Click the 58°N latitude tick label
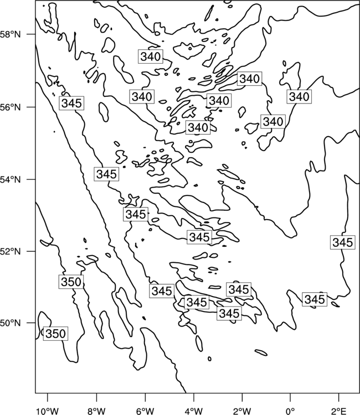(x=11, y=34)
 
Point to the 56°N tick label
(x=11, y=107)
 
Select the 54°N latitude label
(x=11, y=180)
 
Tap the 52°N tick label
(x=11, y=251)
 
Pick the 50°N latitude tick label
(x=11, y=323)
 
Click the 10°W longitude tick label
(x=48, y=411)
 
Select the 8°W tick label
(x=96, y=411)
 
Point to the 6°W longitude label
(x=145, y=411)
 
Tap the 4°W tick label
(x=194, y=411)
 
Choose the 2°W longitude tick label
(x=242, y=411)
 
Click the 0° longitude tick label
(x=290, y=411)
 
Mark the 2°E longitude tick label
(x=339, y=411)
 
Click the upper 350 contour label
(x=71, y=282)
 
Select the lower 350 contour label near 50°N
(x=55, y=334)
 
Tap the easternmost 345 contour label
(x=342, y=242)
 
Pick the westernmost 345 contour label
(x=71, y=103)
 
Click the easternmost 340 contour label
(x=299, y=97)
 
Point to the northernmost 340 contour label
(x=151, y=56)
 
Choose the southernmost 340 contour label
(x=198, y=128)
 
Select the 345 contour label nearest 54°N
(x=106, y=174)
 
